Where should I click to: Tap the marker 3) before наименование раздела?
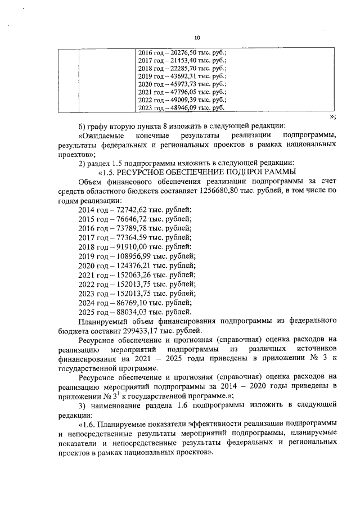(x=82, y=404)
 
